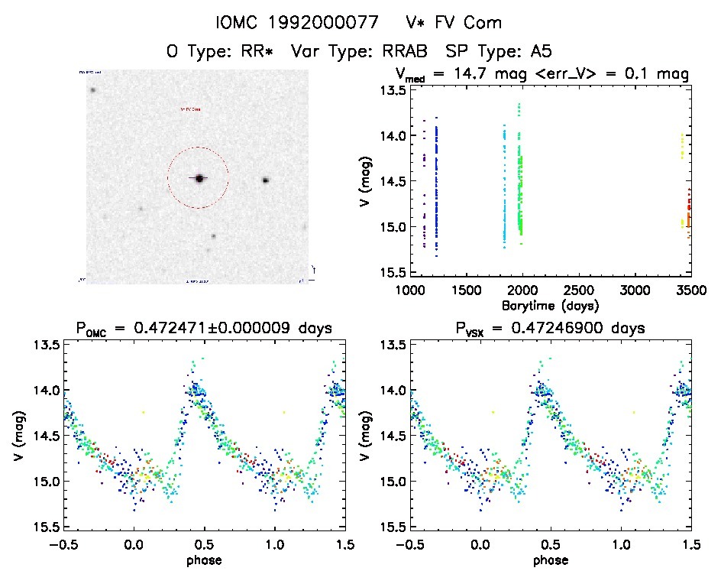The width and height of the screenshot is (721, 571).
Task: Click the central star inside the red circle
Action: pos(199,178)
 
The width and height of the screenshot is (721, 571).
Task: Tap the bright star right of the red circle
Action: pos(266,180)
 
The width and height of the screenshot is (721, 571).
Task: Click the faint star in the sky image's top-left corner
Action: pos(92,90)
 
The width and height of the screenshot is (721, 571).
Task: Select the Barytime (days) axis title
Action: pos(551,305)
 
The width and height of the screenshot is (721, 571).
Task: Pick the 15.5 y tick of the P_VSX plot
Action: pos(393,527)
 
